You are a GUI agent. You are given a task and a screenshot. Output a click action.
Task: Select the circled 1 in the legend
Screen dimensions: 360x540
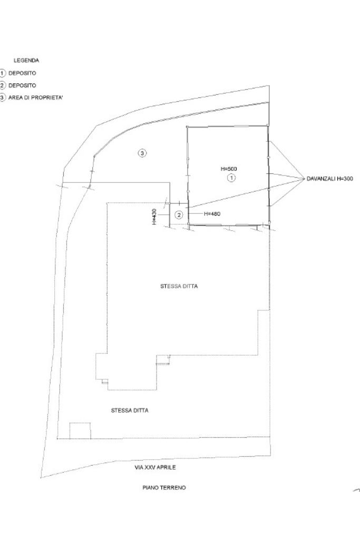click(x=2, y=73)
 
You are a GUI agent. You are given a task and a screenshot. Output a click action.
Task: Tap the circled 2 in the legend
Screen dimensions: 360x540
click(x=2, y=85)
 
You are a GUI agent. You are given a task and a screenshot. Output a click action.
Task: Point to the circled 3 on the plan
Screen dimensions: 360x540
click(x=142, y=153)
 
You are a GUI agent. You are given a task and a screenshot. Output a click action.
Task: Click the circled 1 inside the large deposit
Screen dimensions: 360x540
click(x=231, y=178)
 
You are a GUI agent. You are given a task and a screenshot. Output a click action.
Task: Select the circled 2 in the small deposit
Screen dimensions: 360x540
click(x=179, y=214)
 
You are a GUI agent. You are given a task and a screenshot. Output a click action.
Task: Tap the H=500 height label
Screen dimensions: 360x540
click(x=229, y=169)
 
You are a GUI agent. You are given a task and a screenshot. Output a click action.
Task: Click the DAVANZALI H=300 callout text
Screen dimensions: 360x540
click(x=330, y=179)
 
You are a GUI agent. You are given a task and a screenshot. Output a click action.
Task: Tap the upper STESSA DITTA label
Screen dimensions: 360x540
click(x=175, y=287)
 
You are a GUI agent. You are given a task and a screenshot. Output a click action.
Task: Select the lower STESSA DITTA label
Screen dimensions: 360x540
click(x=130, y=410)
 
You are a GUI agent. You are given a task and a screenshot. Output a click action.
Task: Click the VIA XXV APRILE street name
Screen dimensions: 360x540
click(x=155, y=467)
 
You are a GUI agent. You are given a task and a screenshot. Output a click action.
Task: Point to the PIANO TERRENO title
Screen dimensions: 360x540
click(x=164, y=488)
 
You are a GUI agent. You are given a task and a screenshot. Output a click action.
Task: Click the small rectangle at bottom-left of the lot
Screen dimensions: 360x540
click(x=80, y=430)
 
